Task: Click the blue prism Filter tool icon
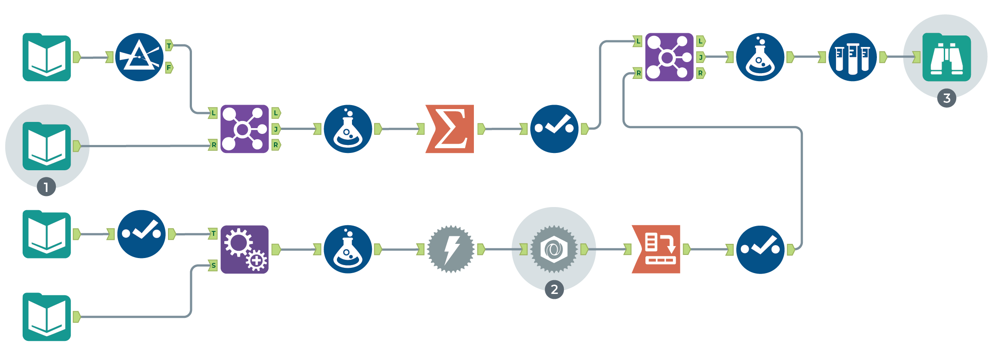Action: [139, 57]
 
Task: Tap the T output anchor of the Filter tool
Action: [169, 45]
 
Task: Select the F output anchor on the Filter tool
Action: [169, 68]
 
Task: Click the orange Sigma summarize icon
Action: [450, 129]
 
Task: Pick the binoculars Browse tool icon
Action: [946, 57]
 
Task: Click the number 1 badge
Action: [47, 187]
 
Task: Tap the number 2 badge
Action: [554, 290]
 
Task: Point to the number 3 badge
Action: [946, 98]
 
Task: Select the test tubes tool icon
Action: [852, 57]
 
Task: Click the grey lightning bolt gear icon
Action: [451, 249]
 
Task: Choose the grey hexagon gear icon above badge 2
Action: [554, 249]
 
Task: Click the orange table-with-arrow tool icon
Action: [656, 249]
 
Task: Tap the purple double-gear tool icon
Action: [245, 250]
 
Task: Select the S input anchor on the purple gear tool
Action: [213, 266]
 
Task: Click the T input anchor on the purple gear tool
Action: [213, 234]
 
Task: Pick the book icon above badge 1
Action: [47, 146]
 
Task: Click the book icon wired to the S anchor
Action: [47, 317]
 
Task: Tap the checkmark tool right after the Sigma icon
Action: [554, 129]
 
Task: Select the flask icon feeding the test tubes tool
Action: [760, 57]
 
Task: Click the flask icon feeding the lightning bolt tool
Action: [348, 250]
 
